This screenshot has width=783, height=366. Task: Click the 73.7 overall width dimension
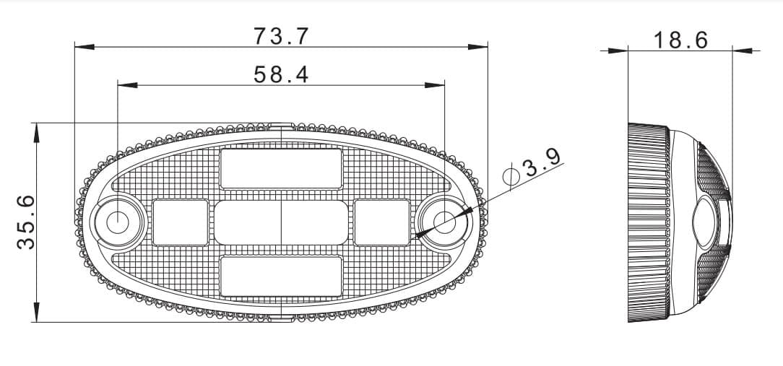(x=281, y=35)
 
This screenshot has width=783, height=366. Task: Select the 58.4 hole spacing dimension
(x=281, y=73)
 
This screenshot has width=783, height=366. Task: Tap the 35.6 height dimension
(x=26, y=222)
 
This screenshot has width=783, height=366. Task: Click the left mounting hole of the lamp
(x=116, y=222)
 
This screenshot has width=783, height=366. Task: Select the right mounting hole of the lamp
(x=444, y=222)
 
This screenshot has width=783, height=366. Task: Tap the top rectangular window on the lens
(x=281, y=169)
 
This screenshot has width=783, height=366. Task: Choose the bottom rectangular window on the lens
(x=281, y=276)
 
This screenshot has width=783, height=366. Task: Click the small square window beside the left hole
(x=181, y=222)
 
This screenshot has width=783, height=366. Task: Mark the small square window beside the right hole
(x=381, y=222)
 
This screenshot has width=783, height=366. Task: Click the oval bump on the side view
(x=704, y=222)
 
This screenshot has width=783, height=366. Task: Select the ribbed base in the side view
(x=648, y=222)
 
